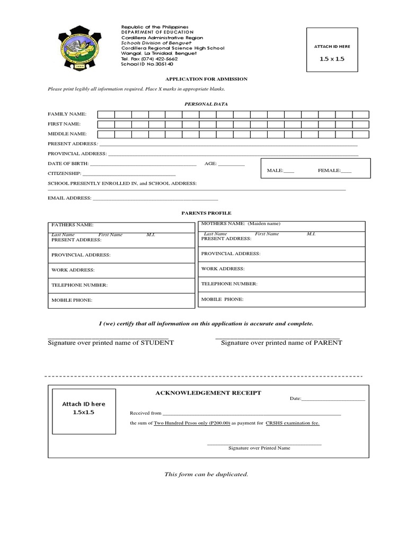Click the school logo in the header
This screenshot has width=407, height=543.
click(81, 49)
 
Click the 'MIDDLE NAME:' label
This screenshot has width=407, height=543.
click(67, 134)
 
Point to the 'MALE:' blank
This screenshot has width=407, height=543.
click(289, 171)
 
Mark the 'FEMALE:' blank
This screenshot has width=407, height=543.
click(346, 171)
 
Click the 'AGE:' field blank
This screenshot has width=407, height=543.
click(231, 164)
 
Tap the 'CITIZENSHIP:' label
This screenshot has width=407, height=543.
click(64, 173)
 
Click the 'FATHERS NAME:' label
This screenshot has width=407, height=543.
click(72, 225)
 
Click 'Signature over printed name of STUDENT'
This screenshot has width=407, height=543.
click(111, 343)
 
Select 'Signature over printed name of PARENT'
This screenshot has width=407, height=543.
click(281, 343)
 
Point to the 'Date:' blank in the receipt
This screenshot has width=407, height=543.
click(333, 399)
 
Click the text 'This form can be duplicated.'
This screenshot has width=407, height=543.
click(206, 474)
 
